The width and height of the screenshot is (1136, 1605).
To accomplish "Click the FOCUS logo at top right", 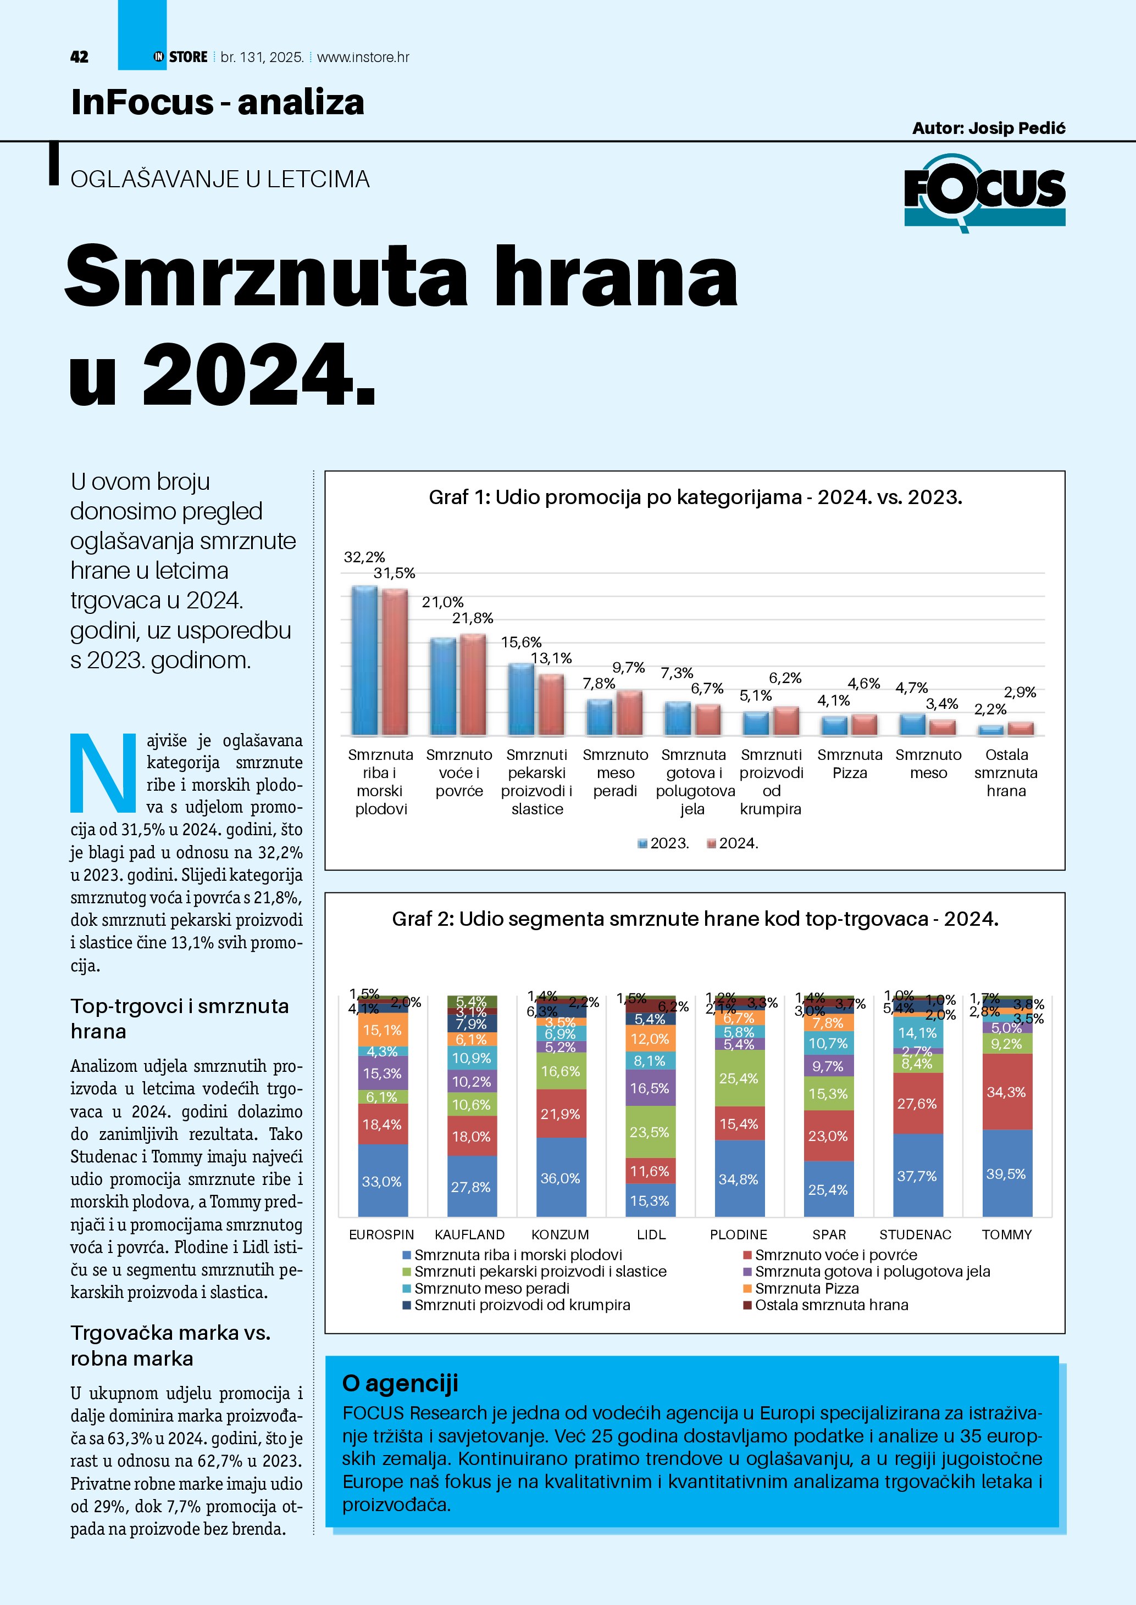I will (984, 192).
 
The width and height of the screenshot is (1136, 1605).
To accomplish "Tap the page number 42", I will (79, 57).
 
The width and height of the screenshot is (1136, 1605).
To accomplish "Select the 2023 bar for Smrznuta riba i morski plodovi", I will (364, 660).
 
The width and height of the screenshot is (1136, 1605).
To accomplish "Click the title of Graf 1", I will (695, 497).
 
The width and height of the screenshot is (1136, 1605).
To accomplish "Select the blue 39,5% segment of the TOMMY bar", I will (1007, 1174).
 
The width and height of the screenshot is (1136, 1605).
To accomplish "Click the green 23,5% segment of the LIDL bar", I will (650, 1132).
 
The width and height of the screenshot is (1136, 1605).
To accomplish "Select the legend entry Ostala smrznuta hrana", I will (831, 1305).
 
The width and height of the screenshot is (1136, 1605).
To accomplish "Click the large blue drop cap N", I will (103, 773).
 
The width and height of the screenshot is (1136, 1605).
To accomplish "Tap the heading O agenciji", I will (400, 1383).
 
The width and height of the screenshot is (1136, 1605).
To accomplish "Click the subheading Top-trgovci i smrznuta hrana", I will (180, 1019).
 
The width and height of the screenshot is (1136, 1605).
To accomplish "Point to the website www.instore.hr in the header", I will (363, 57).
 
